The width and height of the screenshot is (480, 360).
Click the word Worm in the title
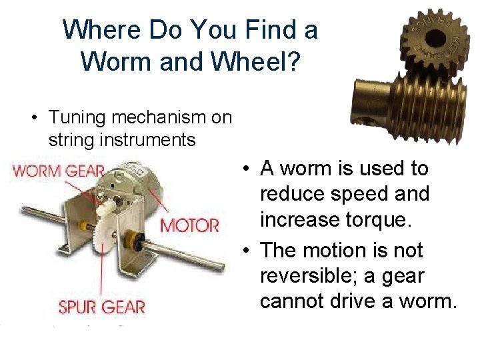click(113, 61)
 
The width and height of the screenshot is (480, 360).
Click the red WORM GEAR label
click(58, 170)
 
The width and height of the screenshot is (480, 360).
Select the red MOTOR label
click(189, 225)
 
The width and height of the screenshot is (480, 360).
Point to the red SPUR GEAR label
click(101, 307)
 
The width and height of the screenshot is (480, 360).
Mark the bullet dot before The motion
click(247, 251)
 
